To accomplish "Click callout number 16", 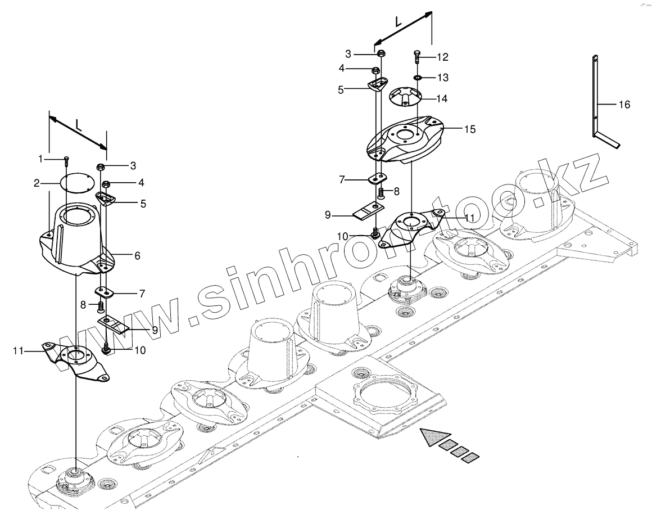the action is point(624,105).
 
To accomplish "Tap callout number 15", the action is point(470,129).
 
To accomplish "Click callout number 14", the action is point(442,98).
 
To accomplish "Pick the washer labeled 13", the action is point(418,77).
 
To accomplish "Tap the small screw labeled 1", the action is point(67,161).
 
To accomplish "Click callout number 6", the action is point(137,255).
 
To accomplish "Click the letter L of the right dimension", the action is point(397,21).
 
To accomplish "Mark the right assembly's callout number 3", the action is point(348,54).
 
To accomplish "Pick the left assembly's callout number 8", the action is point(83,305).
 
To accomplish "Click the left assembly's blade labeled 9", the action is point(115,324).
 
